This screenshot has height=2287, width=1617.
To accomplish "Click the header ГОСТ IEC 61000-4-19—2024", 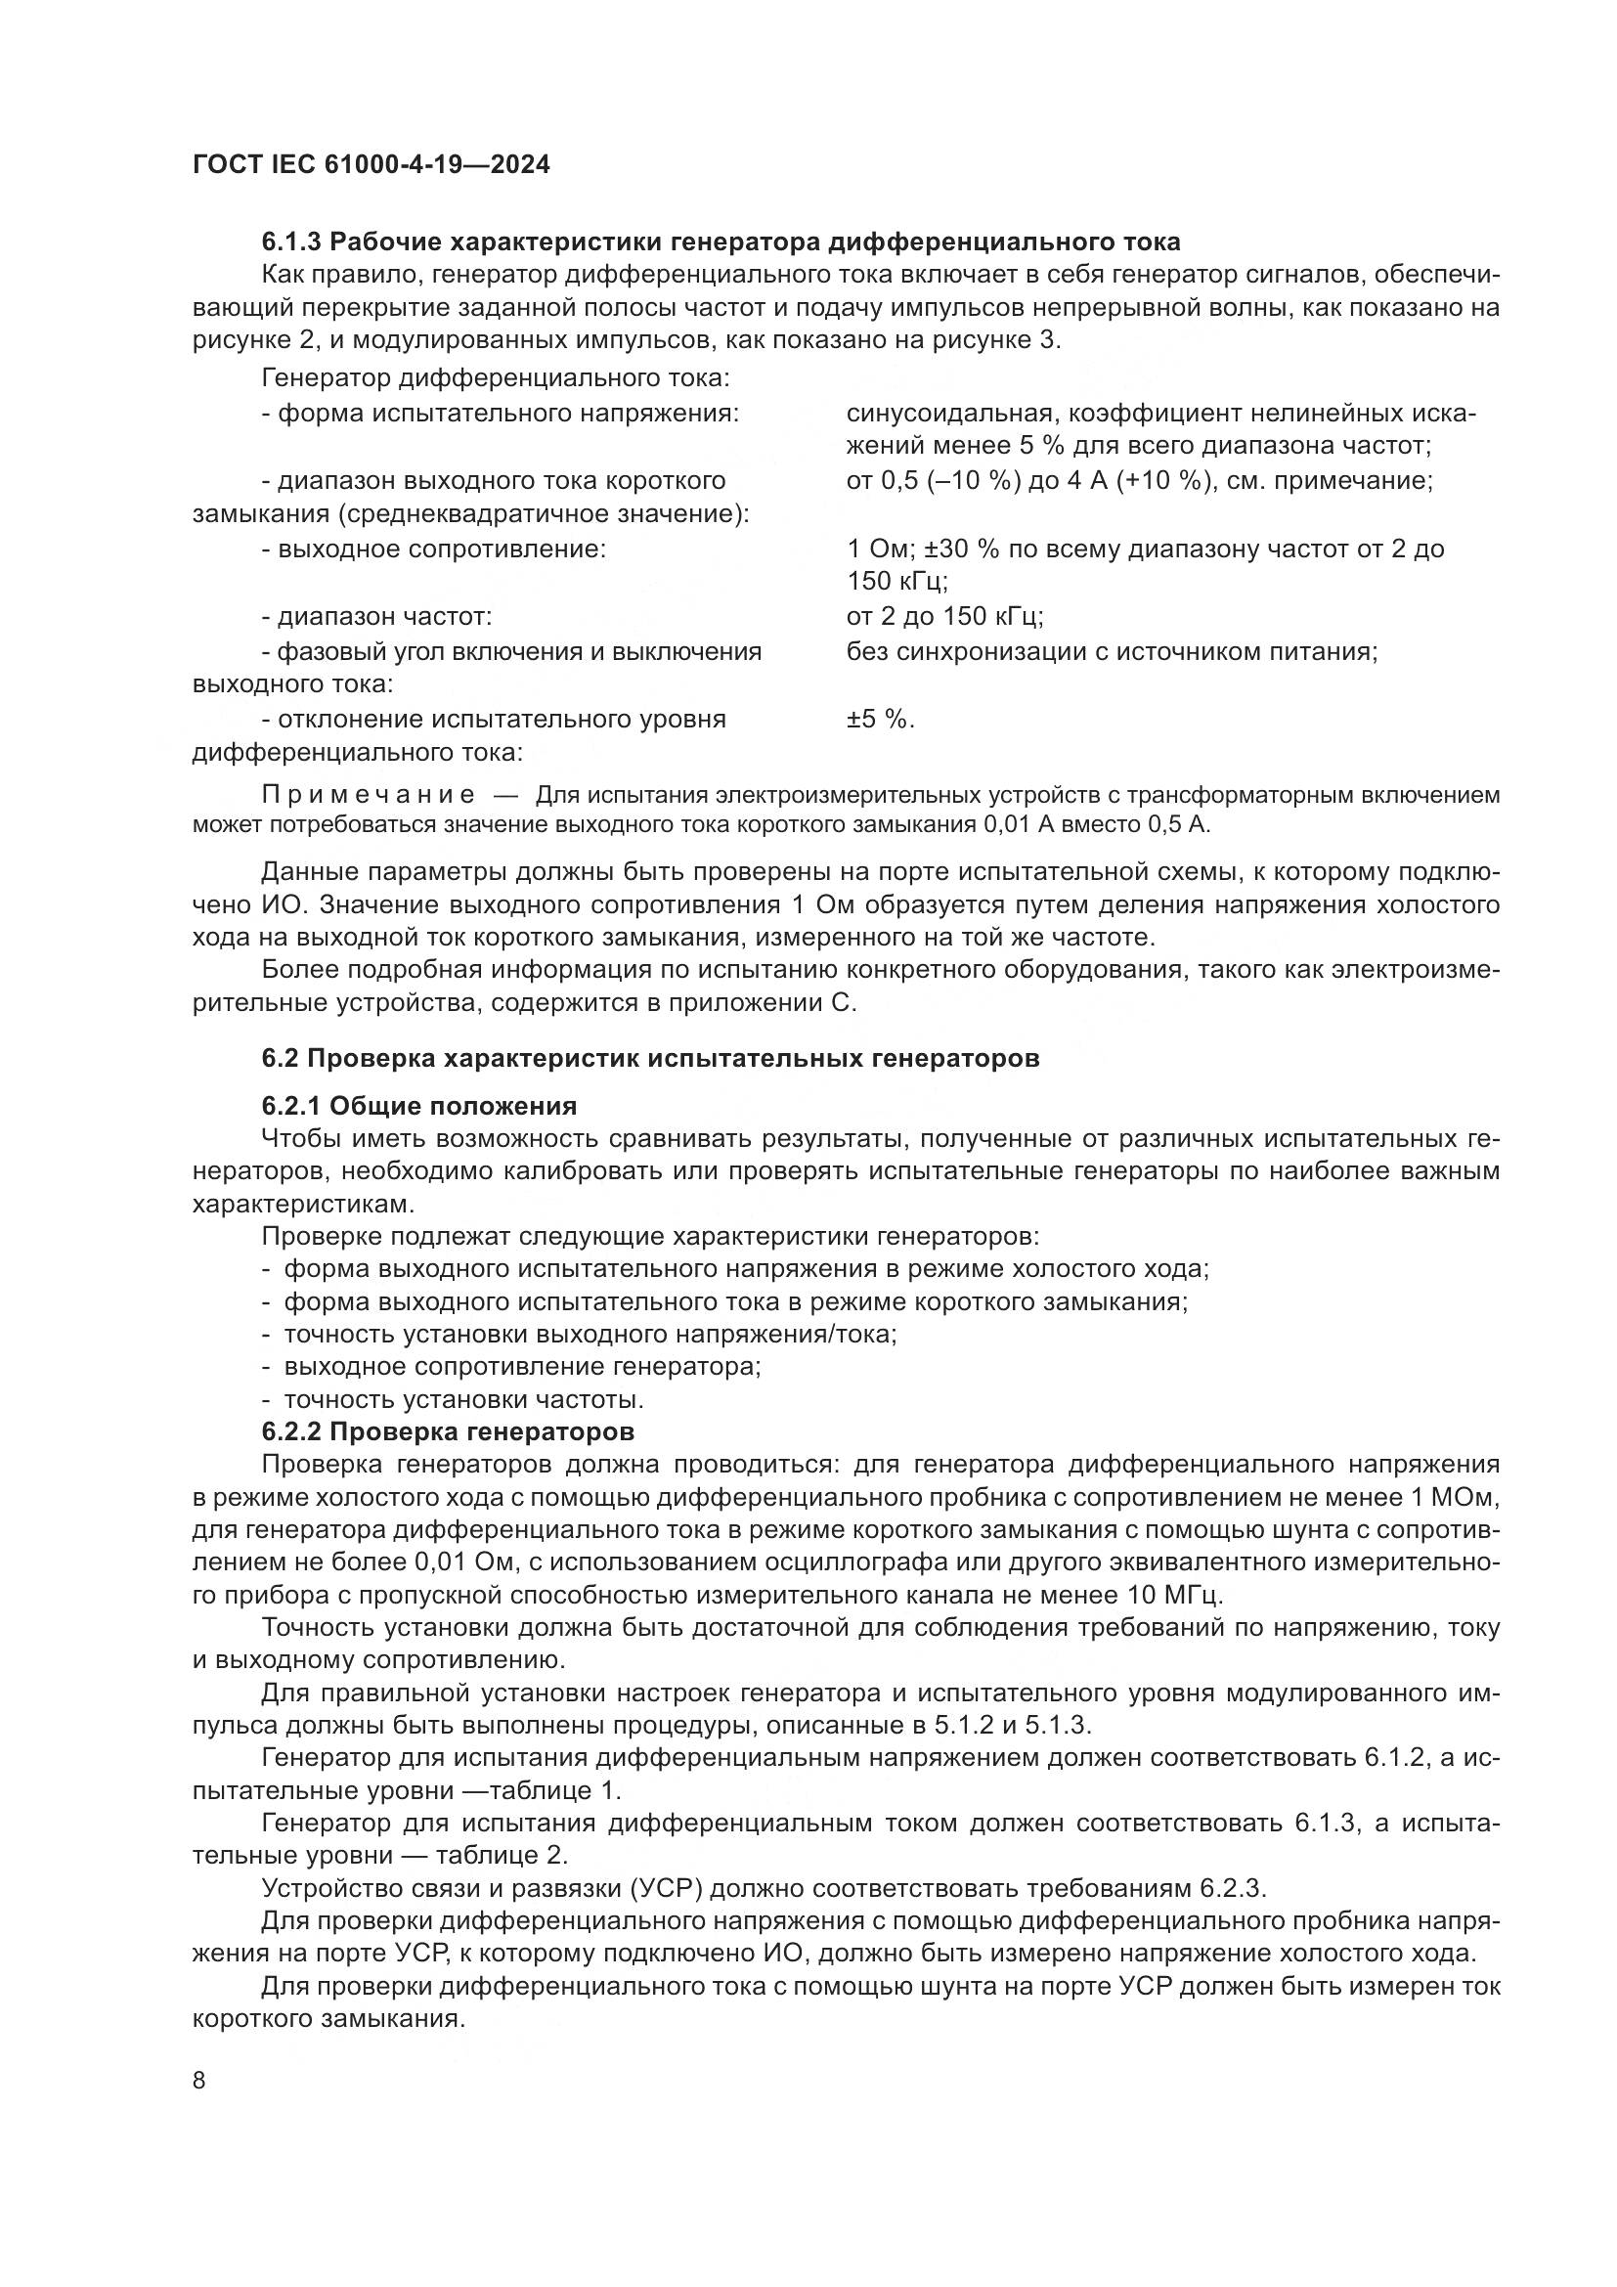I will pos(371,164).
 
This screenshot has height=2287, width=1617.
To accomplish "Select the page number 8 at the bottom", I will pos(199,2080).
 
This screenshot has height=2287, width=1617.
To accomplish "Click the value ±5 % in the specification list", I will pos(880,720).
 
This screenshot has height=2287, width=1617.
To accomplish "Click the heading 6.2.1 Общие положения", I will pos(419,1106).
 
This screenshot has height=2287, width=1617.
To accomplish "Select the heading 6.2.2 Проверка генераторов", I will pos(447,1431).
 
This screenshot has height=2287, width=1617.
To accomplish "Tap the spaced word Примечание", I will pos(368,794).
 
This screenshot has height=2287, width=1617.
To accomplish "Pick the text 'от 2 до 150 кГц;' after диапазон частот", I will pos(944,617).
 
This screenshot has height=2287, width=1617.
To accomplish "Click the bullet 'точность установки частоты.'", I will pos(464,1399).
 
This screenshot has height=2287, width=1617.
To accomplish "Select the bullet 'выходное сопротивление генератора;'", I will pos(522,1367).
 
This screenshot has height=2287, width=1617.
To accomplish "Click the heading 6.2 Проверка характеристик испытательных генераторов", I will pos(650,1058).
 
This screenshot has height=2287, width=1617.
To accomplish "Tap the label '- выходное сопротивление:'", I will pos(433,549).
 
